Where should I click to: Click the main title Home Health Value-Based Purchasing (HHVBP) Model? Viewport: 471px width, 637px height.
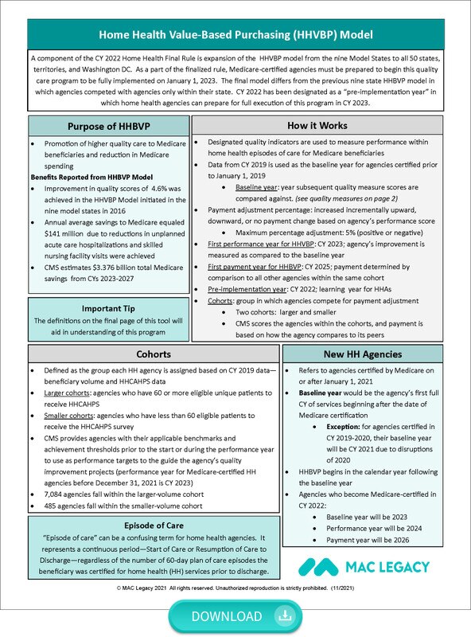(x=235, y=35)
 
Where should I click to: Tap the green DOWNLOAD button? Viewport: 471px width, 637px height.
(x=235, y=616)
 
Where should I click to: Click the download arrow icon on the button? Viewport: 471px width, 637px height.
(x=282, y=616)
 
